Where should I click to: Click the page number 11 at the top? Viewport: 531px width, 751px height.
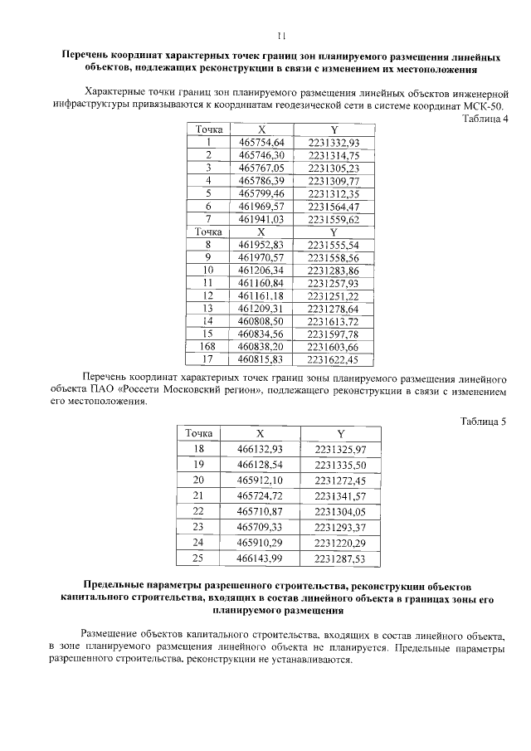tap(280, 36)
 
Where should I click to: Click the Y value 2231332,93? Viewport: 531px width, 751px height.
tap(333, 143)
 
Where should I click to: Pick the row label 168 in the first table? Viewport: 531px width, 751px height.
tap(208, 346)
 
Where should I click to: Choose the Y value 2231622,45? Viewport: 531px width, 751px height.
tap(333, 359)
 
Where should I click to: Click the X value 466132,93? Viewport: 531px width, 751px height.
tap(260, 449)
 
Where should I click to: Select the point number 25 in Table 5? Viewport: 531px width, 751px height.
tap(197, 558)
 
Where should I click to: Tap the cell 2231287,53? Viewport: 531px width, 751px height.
tap(340, 558)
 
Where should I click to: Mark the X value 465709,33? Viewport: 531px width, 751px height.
tap(260, 527)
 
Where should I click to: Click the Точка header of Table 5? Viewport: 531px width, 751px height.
tap(197, 433)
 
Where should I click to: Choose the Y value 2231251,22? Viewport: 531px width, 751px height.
tap(333, 295)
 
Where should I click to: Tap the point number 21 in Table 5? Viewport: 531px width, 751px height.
tap(197, 495)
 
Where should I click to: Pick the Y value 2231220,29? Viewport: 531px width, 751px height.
tap(340, 543)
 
